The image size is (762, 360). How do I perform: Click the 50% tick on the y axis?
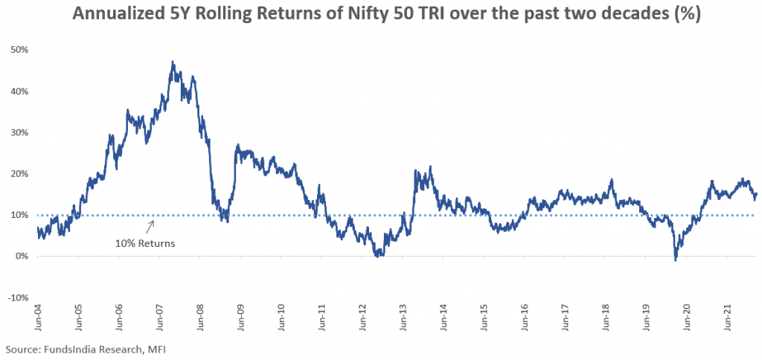tap(19, 50)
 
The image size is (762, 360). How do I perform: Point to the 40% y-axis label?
tap(19, 91)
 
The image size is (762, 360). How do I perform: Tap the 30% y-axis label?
tap(19, 132)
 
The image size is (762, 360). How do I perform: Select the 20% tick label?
tap(19, 174)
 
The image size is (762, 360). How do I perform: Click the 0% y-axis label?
tap(22, 257)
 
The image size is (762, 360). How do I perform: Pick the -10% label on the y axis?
tap(17, 298)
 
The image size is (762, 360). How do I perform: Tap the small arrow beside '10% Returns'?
tap(151, 225)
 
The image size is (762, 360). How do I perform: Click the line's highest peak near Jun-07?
tap(173, 62)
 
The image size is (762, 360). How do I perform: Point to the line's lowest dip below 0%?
tap(675, 260)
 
